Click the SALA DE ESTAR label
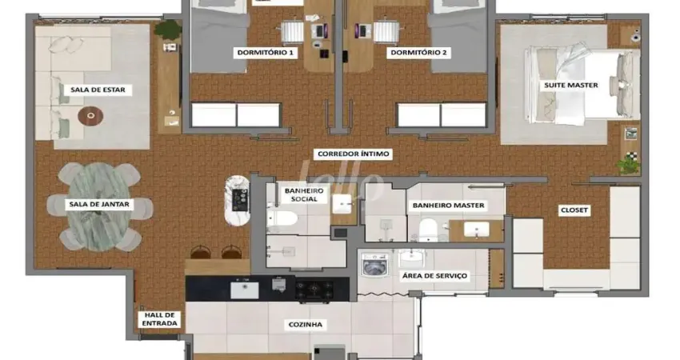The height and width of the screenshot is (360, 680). click(101, 90)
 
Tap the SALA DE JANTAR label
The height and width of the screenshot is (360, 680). click(99, 205)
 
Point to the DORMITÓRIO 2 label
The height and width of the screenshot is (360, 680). click(418, 54)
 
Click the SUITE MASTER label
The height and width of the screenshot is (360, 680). click(570, 85)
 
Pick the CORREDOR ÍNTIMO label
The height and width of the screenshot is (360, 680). click(354, 154)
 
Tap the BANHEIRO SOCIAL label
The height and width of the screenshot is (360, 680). click(303, 195)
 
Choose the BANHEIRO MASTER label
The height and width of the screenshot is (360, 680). click(449, 206)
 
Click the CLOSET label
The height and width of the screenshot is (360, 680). click(574, 210)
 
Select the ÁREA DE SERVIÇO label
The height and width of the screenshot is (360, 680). click(434, 276)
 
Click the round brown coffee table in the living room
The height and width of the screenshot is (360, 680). click(90, 117)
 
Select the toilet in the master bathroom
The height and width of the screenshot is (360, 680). click(426, 230)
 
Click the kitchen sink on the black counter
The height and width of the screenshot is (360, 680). click(244, 290)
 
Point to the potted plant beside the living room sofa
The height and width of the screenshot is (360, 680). click(168, 30)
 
